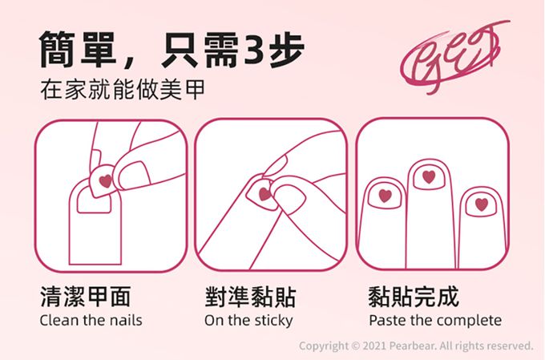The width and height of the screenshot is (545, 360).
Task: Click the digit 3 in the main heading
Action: pos(256,50)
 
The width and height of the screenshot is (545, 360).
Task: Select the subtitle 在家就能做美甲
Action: pos(123,89)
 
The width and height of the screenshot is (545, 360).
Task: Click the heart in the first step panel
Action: pos(106,181)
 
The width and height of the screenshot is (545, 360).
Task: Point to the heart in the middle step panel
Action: pos(264,194)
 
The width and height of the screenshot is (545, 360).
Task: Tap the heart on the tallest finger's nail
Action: pos(429,177)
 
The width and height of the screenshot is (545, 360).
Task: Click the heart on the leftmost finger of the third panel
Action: pos(386,196)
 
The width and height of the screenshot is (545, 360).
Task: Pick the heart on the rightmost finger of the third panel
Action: pos(482,204)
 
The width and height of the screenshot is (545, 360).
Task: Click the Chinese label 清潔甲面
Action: pos(86,297)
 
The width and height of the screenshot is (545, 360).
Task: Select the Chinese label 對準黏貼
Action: pos(250,297)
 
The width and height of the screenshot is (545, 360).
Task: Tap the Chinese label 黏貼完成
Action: pos(414,297)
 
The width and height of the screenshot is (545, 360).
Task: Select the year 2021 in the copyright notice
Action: pos(374,346)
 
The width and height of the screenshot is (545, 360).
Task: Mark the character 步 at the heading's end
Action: pos(287,50)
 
